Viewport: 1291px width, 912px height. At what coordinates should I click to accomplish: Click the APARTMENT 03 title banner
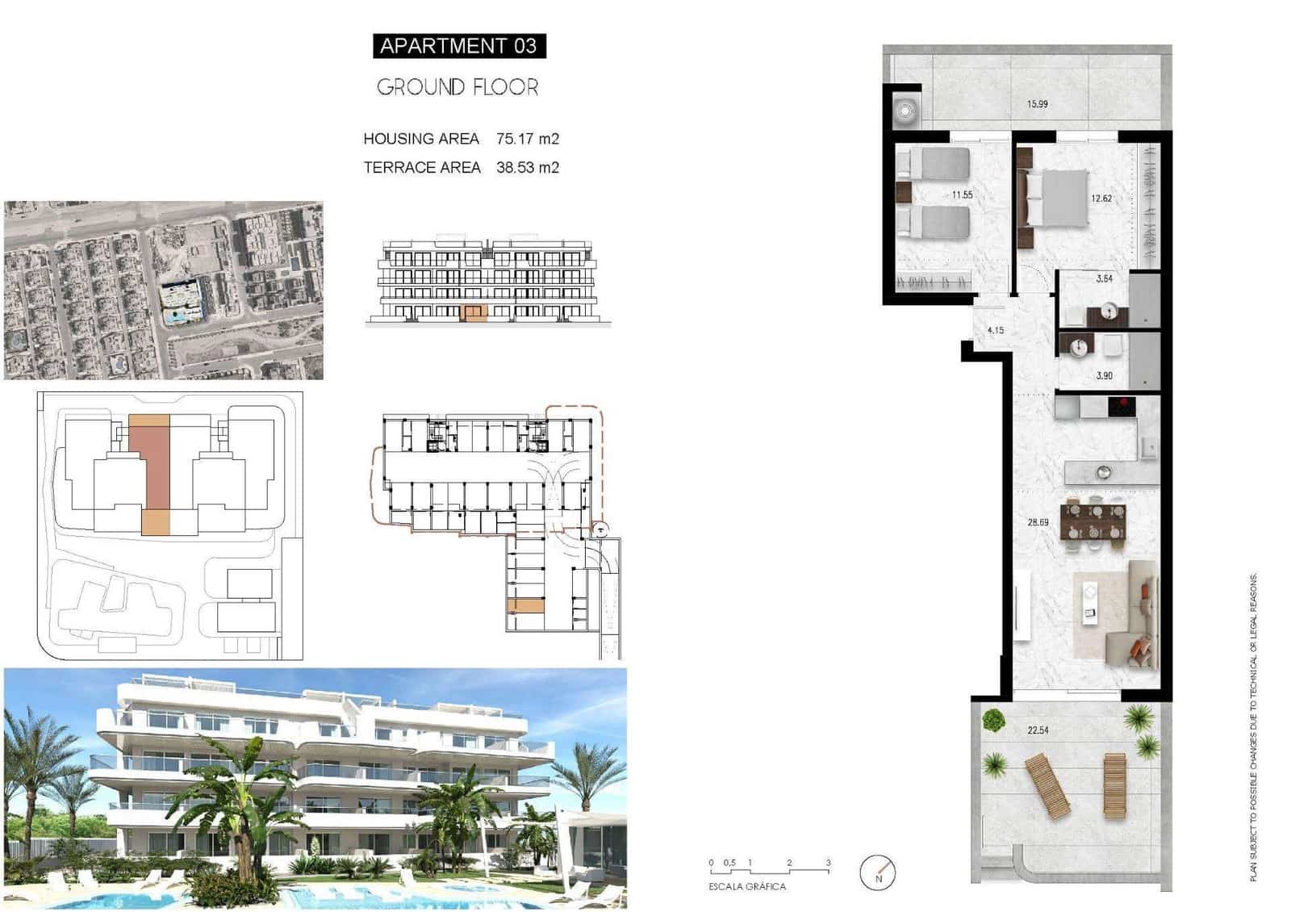click(x=458, y=46)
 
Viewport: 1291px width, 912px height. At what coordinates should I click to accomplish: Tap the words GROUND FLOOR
click(x=457, y=87)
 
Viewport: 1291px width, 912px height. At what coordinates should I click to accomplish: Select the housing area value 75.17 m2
click(x=528, y=139)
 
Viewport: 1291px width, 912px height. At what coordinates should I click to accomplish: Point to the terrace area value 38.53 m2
click(x=528, y=168)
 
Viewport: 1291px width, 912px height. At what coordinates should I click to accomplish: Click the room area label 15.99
click(x=1038, y=104)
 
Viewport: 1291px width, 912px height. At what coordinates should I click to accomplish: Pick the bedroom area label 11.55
click(x=962, y=195)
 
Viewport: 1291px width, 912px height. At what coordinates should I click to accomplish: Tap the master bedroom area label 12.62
click(x=1101, y=199)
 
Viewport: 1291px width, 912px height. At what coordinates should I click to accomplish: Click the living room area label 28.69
click(x=1038, y=523)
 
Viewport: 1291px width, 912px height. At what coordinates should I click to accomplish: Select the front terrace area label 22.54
click(x=1038, y=730)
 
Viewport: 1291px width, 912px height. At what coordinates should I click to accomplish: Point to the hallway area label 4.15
click(x=996, y=331)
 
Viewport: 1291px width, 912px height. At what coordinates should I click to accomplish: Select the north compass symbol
click(x=878, y=872)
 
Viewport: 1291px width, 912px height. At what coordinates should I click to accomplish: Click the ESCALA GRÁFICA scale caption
click(x=747, y=886)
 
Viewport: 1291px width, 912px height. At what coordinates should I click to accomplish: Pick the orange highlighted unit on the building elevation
click(x=474, y=314)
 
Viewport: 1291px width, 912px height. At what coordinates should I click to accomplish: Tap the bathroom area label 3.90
click(x=1105, y=376)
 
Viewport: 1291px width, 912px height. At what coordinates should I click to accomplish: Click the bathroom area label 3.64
click(x=1105, y=279)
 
